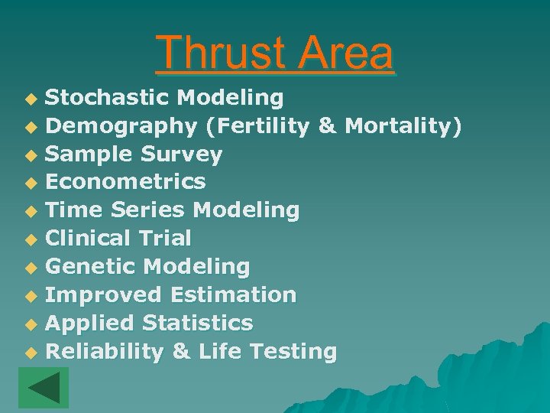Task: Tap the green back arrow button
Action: [x=44, y=388]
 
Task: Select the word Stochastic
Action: [x=108, y=98]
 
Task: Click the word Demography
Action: [x=121, y=126]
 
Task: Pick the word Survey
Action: [x=182, y=154]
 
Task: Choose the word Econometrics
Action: [x=125, y=182]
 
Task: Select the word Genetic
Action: [x=91, y=267]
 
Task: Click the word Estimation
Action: [x=233, y=295]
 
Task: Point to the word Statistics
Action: [x=198, y=324]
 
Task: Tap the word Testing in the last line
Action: [x=293, y=352]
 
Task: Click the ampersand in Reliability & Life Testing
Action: [x=181, y=352]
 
